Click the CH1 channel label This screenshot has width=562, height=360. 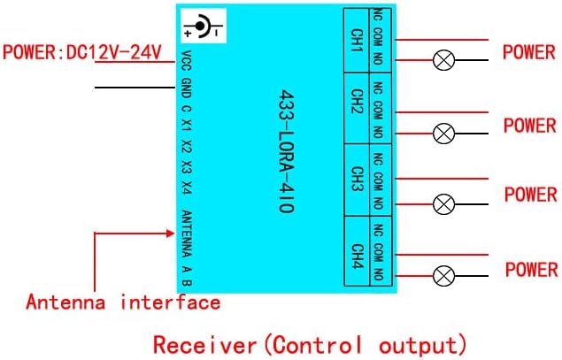click(358, 41)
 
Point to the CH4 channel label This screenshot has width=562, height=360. click(358, 254)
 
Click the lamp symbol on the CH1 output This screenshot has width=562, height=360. click(443, 60)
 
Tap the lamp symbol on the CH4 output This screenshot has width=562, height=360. click(443, 276)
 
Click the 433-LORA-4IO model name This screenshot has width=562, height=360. click(285, 150)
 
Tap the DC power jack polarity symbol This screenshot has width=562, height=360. click(202, 28)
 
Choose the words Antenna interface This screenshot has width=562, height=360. click(122, 303)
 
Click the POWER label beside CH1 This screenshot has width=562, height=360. click(529, 50)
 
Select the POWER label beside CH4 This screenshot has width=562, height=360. click(531, 268)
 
